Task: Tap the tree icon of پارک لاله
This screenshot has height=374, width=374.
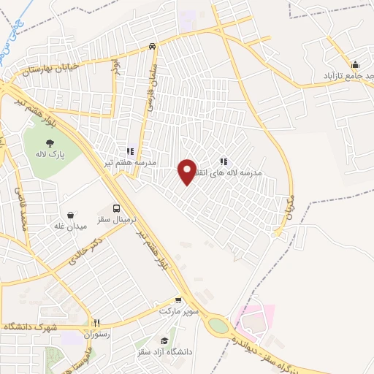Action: tap(50, 144)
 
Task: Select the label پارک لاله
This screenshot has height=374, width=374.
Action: tap(50, 155)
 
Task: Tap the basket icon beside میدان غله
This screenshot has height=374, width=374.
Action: tap(70, 215)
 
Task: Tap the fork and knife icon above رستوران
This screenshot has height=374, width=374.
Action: tap(96, 323)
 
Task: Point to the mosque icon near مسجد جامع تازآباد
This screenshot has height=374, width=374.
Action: tap(355, 64)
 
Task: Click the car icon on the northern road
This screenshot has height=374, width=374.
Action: tap(152, 46)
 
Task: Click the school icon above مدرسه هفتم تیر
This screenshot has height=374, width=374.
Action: tap(131, 151)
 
